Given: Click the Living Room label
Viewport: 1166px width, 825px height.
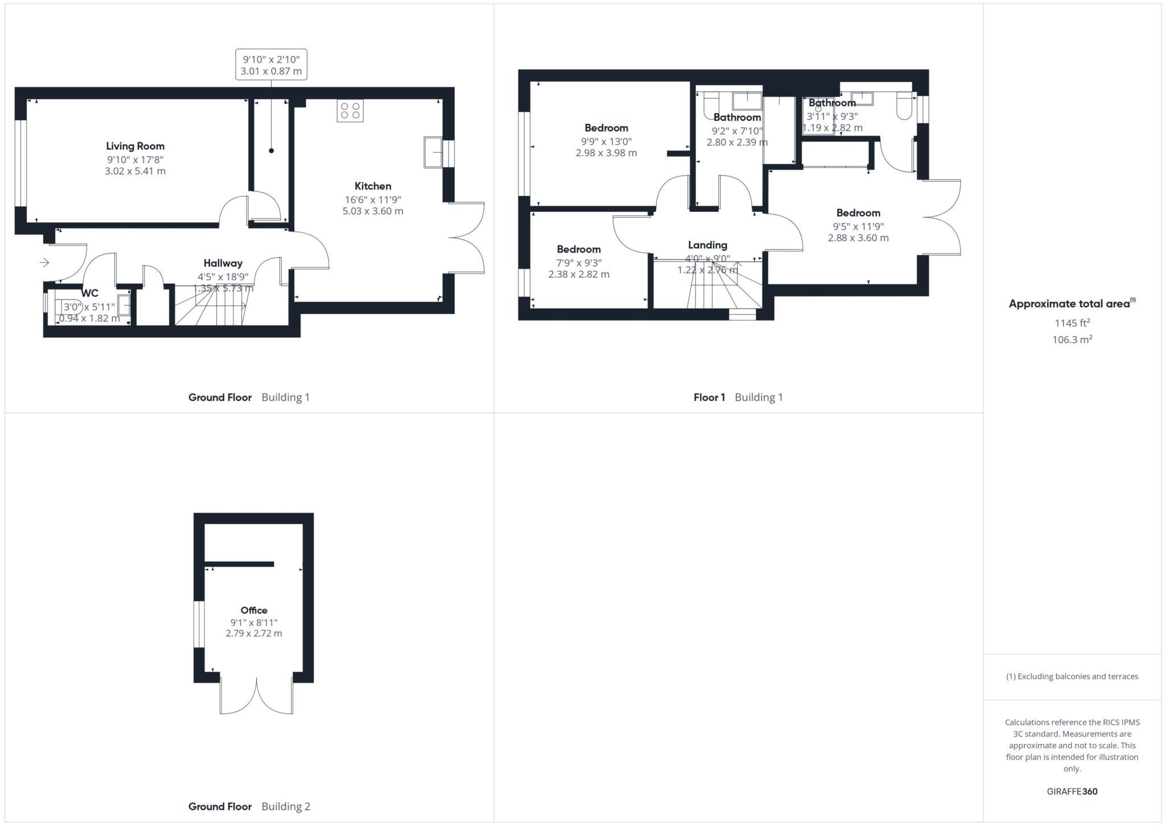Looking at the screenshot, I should click(x=135, y=146).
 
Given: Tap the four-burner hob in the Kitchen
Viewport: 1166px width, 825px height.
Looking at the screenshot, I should click(x=350, y=111).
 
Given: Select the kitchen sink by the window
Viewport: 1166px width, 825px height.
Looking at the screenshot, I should click(x=433, y=152).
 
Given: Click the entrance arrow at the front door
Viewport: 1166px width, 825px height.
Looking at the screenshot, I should click(x=44, y=262).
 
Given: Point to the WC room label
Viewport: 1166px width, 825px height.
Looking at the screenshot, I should click(x=90, y=293).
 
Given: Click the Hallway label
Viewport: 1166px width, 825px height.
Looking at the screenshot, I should click(x=223, y=263).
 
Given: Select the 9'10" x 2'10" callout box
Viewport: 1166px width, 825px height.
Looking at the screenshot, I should click(x=271, y=64).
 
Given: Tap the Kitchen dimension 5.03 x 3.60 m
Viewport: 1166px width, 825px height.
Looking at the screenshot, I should click(x=372, y=211).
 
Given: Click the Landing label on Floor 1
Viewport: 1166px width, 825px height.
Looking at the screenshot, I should click(x=707, y=245).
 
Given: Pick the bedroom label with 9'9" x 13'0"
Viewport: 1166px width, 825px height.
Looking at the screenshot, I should click(x=606, y=128).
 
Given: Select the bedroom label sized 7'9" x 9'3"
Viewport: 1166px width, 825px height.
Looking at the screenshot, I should click(x=578, y=250).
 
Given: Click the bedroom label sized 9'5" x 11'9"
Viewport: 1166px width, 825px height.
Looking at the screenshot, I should click(x=858, y=213).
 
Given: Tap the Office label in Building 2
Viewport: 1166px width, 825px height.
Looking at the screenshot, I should click(x=253, y=610).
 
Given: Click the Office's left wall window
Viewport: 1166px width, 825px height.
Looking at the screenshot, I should click(x=199, y=624).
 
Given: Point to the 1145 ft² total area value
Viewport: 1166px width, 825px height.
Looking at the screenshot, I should click(x=1072, y=323).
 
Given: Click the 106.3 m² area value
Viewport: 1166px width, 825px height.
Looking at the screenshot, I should click(x=1072, y=340).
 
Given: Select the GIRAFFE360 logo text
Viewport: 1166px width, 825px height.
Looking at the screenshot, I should click(x=1072, y=791).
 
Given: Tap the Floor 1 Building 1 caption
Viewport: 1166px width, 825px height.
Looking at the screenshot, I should click(x=738, y=398).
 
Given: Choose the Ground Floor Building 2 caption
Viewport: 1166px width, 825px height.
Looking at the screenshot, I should click(x=249, y=806).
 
